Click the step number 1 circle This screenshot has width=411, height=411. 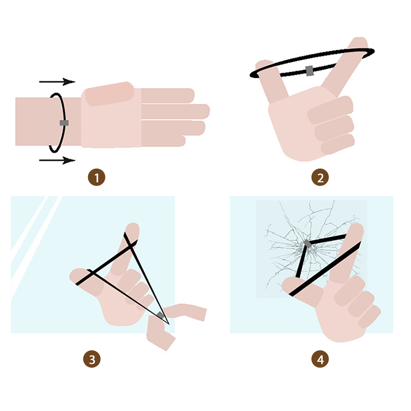(x=97, y=177)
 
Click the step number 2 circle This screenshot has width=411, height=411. (x=320, y=177)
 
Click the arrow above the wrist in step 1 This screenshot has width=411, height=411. (x=57, y=82)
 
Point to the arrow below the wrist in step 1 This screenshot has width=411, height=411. (x=57, y=160)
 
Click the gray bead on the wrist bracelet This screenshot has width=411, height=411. (x=64, y=123)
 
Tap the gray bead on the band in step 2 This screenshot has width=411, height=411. (x=309, y=71)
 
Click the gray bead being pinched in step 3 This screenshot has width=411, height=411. (x=160, y=315)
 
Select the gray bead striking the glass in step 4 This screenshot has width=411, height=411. (x=307, y=243)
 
